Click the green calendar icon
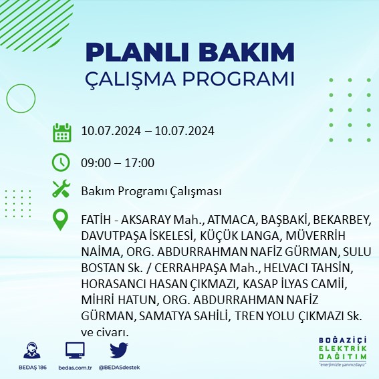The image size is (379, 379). [x=61, y=132]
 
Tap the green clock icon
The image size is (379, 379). [x=61, y=162]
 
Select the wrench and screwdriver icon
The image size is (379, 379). [x=61, y=190]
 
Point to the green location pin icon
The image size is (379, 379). [x=61, y=221]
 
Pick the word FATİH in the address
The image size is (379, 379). [x=96, y=220]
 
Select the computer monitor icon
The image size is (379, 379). [x=75, y=351]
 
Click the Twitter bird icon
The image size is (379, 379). [x=119, y=350]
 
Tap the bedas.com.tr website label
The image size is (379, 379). [x=75, y=368]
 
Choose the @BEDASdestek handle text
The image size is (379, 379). [x=119, y=368]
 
